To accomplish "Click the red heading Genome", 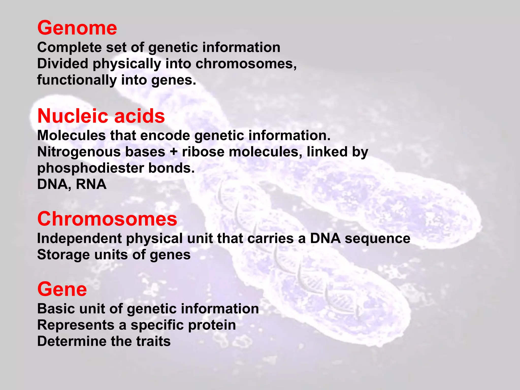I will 77,28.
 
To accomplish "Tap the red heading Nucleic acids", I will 101,116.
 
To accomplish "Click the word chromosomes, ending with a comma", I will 246,64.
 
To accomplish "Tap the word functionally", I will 77,80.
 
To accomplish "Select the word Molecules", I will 71,135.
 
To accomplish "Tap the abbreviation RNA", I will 91,184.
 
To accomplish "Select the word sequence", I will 377,239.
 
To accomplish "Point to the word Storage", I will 63,255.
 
